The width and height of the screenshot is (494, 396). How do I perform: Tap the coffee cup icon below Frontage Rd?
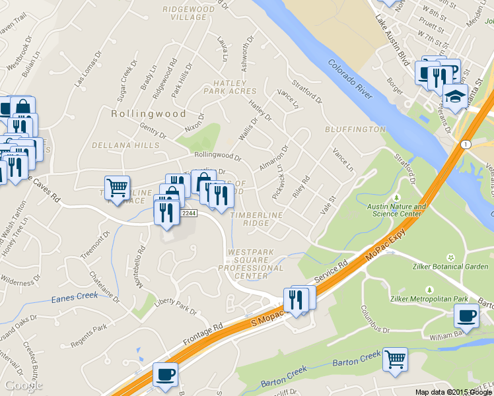click(x=165, y=375)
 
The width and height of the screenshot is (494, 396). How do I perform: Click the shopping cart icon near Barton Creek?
click(x=395, y=360)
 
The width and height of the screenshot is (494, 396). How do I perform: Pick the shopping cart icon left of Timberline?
click(x=117, y=187)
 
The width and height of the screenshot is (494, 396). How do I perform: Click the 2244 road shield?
click(x=189, y=213)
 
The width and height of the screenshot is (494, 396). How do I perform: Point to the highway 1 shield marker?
click(x=466, y=145)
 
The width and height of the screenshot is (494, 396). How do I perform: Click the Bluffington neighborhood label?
click(x=355, y=129)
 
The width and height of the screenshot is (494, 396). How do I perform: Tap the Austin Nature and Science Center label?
click(x=397, y=210)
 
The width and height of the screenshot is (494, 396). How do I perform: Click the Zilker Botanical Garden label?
click(x=449, y=267)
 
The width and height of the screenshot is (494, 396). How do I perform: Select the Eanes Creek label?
click(x=74, y=299)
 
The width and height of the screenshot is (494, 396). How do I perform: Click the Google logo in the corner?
click(x=23, y=385)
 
